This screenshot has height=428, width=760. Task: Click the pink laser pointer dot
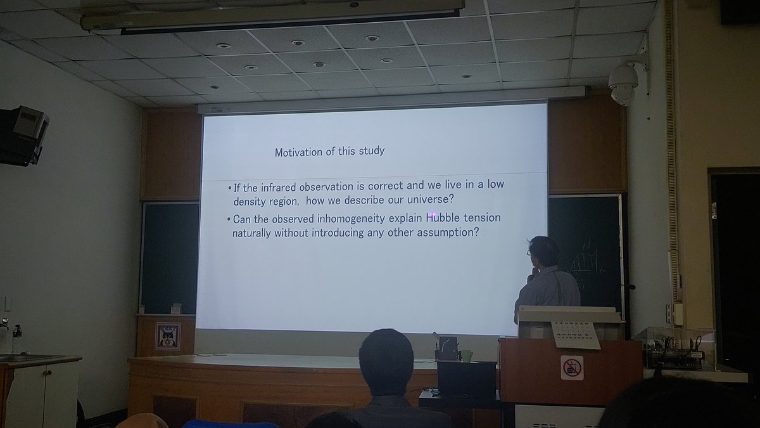(x=433, y=217)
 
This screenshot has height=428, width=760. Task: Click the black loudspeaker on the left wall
(x=23, y=135)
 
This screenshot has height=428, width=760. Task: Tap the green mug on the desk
(x=467, y=355)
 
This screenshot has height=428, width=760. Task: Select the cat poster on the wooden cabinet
(x=168, y=336)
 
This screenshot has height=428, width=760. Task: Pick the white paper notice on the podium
(x=576, y=335)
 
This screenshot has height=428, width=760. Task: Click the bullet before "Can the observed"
(x=229, y=219)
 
